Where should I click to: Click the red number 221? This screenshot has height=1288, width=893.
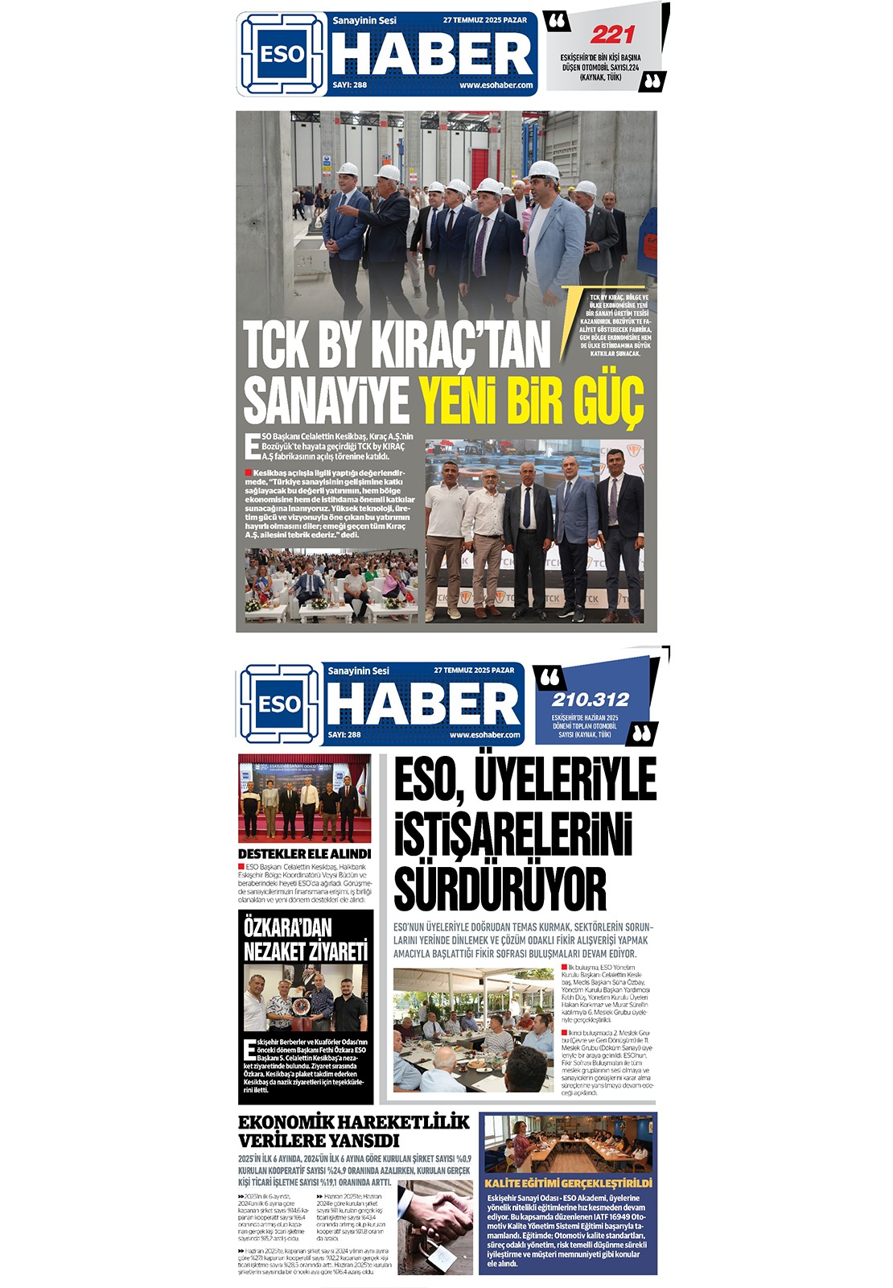coord(612,35)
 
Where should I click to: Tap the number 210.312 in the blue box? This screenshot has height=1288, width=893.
coord(590,700)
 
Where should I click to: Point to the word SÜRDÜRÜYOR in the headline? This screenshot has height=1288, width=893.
coord(500,889)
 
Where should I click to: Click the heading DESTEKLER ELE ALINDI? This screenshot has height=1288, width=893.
coord(304,853)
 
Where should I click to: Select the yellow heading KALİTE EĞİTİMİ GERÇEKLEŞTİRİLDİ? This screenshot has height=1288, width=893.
coord(568,1183)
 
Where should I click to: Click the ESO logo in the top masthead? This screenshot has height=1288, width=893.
coord(282,55)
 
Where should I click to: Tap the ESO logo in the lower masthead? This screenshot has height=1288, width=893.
coord(278,704)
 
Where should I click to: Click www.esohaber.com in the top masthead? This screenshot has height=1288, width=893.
coord(496,85)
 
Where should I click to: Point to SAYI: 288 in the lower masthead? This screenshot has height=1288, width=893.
coord(344,734)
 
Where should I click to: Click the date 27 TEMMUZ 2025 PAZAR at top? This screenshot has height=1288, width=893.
coord(485,20)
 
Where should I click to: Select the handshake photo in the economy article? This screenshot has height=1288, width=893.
coord(435,1227)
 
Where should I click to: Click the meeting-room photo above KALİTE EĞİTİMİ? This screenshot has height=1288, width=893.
coord(568,1143)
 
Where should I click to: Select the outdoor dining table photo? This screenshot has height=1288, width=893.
coord(473,1030)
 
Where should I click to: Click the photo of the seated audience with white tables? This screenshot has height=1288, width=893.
coord(331,585)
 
